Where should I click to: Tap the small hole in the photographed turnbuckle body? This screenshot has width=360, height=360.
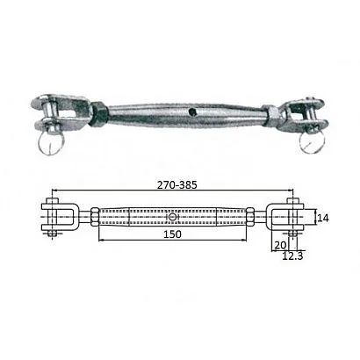(190, 112)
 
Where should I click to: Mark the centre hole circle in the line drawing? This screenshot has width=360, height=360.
(174, 217)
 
